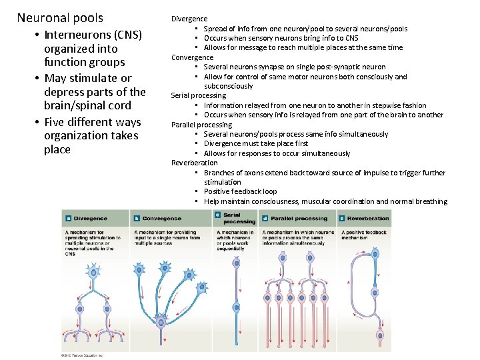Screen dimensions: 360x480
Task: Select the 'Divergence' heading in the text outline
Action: (x=189, y=19)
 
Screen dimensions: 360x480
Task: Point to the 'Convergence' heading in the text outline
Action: (x=193, y=57)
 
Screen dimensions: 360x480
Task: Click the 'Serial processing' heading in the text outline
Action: (x=199, y=95)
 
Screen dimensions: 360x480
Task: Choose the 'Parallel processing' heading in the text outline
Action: (x=201, y=125)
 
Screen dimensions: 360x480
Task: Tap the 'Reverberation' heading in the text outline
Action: (x=195, y=163)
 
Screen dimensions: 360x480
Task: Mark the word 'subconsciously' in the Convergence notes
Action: (x=229, y=86)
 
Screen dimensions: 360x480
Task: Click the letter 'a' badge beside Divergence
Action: (x=68, y=218)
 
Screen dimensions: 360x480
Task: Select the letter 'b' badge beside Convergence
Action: (x=137, y=218)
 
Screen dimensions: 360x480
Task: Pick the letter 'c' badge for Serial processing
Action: (x=218, y=215)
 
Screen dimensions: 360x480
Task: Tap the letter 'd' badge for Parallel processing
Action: (x=265, y=218)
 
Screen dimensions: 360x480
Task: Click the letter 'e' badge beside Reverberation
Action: (x=341, y=218)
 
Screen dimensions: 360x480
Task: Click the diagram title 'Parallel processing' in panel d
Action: (x=299, y=218)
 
